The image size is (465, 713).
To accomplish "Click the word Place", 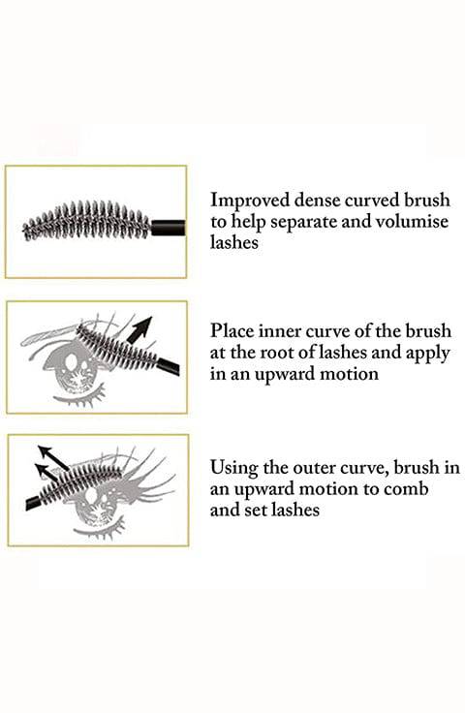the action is (x=232, y=331).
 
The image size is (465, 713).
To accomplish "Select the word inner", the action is (x=280, y=331).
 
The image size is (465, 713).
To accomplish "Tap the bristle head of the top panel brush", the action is (x=87, y=221).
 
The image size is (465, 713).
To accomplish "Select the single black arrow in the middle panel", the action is (x=139, y=329).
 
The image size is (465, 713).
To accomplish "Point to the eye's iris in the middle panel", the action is (x=73, y=363).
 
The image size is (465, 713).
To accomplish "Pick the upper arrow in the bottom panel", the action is (x=53, y=457).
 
